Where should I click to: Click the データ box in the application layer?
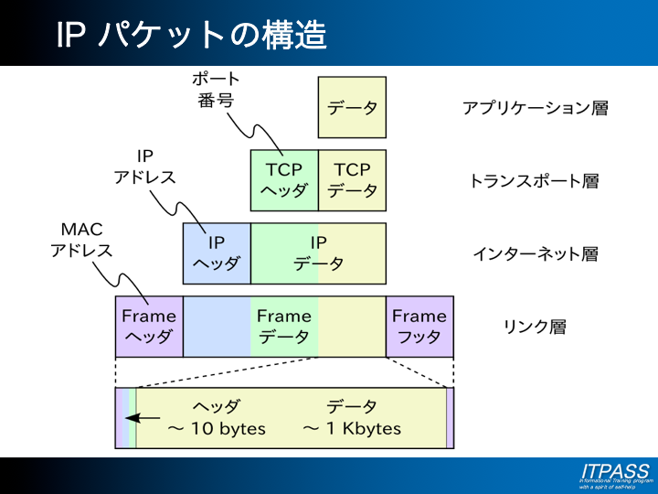[352, 107]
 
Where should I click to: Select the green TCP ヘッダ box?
[284, 180]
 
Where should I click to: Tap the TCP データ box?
[352, 180]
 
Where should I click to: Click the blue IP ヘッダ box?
[217, 253]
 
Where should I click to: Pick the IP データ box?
[318, 253]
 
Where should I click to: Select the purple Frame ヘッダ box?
[149, 326]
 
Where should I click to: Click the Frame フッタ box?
[419, 326]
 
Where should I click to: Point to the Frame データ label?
[284, 326]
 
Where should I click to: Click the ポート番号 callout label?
[218, 90]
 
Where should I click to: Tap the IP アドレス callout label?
[144, 166]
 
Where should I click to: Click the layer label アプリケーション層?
[535, 108]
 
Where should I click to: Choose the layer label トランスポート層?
[534, 181]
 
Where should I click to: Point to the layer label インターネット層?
[535, 254]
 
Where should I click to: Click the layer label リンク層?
[535, 326]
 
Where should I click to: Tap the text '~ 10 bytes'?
[217, 428]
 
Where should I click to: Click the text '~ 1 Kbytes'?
[352, 428]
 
